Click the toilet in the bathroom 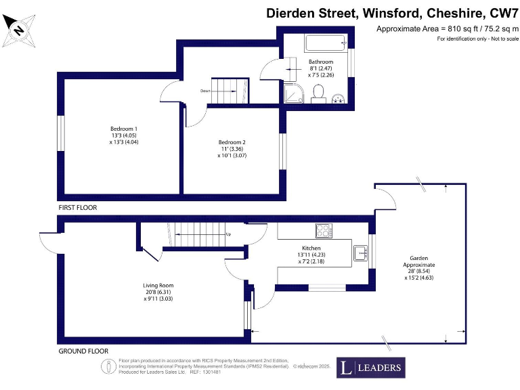tap(318, 99)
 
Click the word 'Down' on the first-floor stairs tap(205, 90)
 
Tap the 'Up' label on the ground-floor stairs tap(228, 234)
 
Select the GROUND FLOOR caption tap(83, 351)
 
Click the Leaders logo tap(371, 368)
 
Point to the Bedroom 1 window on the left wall tap(60, 133)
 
